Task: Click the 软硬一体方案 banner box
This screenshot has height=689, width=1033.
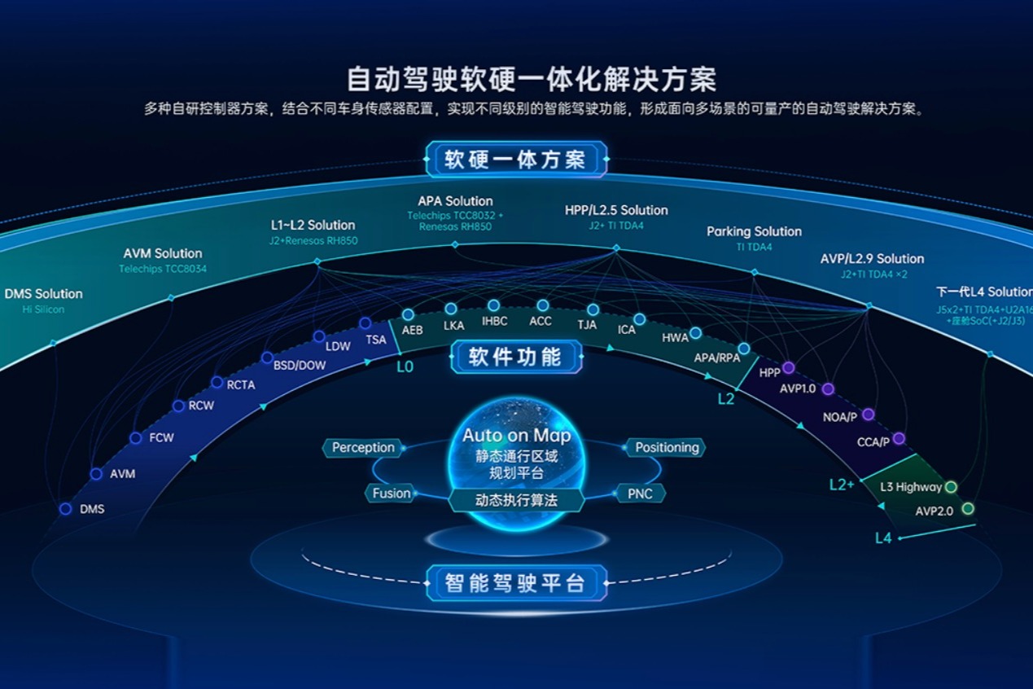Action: coord(516,160)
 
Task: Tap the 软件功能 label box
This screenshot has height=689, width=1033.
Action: coord(516,357)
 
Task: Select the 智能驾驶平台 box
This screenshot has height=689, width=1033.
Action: coord(516,583)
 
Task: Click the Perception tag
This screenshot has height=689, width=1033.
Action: coord(363,447)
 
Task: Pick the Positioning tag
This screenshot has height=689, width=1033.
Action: coord(666,447)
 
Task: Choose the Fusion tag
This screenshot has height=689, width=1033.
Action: coord(391,493)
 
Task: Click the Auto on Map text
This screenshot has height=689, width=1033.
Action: coord(516,436)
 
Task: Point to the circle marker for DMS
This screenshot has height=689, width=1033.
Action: coord(66,509)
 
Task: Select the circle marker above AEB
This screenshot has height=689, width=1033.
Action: coord(409,314)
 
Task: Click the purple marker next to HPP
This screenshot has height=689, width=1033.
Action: coord(788,367)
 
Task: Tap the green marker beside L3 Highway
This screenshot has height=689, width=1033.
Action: coord(951,487)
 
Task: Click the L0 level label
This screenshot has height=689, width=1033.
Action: coord(405,366)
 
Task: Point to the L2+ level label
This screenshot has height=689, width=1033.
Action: coord(842,485)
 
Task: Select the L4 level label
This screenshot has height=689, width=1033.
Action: coord(883,538)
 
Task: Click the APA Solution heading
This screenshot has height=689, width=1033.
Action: coord(455,201)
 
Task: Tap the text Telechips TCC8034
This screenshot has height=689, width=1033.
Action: coord(163,269)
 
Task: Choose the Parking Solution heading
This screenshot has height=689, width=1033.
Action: coord(754,231)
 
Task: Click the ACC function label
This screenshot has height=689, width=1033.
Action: coord(541,321)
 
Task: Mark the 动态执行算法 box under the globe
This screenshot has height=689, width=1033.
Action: coord(516,500)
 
